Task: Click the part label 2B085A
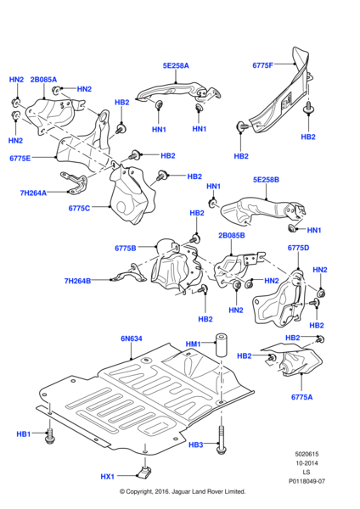tap(43, 80)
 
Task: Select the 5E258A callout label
tap(177, 65)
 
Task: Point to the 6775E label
tap(20, 158)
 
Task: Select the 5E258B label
tap(266, 180)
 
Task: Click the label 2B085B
tap(231, 235)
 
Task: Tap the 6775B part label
tap(126, 248)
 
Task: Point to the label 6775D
tap(298, 248)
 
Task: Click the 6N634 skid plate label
tap(132, 338)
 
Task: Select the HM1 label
tap(194, 344)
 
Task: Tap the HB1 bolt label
tap(23, 434)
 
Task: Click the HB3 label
tap(196, 444)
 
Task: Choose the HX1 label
tap(107, 477)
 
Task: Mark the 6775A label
tap(302, 396)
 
